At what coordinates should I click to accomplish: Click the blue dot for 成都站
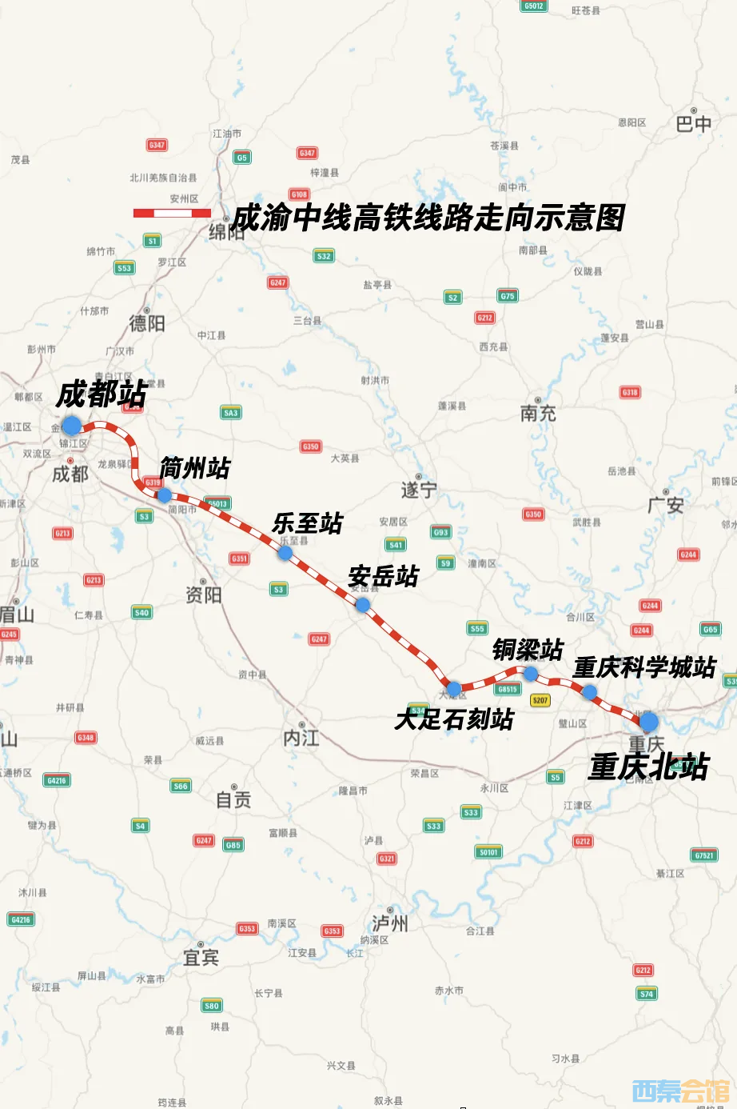(72, 425)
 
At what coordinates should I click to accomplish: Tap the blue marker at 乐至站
(285, 552)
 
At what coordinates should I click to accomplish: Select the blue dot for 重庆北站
(648, 721)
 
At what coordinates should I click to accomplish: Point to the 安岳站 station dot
(362, 605)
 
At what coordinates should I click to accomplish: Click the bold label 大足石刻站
(454, 719)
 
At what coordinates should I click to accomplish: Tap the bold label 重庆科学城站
(644, 667)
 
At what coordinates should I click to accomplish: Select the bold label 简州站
(195, 468)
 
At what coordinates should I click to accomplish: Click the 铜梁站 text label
(528, 650)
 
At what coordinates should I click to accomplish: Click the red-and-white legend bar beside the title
(172, 213)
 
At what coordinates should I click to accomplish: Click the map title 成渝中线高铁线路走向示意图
(428, 218)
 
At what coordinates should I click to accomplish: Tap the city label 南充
(538, 413)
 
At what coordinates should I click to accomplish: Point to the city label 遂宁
(419, 490)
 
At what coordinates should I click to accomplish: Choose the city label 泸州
(390, 923)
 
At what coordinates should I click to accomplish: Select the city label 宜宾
(201, 957)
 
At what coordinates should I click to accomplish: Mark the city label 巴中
(693, 124)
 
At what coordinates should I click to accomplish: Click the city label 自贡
(233, 799)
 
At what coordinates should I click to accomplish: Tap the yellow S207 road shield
(540, 700)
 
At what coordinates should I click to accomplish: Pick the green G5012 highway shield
(533, 6)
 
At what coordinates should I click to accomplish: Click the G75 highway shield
(508, 296)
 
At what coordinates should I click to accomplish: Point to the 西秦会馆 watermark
(681, 1091)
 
